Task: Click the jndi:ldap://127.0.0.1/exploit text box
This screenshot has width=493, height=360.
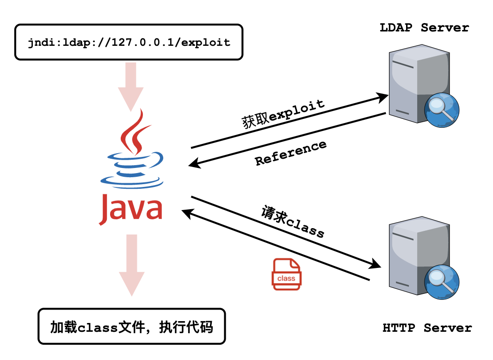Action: tap(129, 43)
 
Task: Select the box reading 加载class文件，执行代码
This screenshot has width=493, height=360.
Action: tap(131, 327)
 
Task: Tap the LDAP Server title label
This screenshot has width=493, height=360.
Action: tap(424, 28)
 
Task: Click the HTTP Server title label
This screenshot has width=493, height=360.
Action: tap(427, 328)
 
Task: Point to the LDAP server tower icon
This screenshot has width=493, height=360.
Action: tap(416, 83)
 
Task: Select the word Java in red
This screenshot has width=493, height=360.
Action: tap(131, 208)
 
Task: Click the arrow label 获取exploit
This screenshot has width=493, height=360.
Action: tap(283, 113)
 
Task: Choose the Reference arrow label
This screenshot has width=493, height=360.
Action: tap(291, 153)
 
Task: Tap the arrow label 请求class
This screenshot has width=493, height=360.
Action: tap(293, 222)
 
